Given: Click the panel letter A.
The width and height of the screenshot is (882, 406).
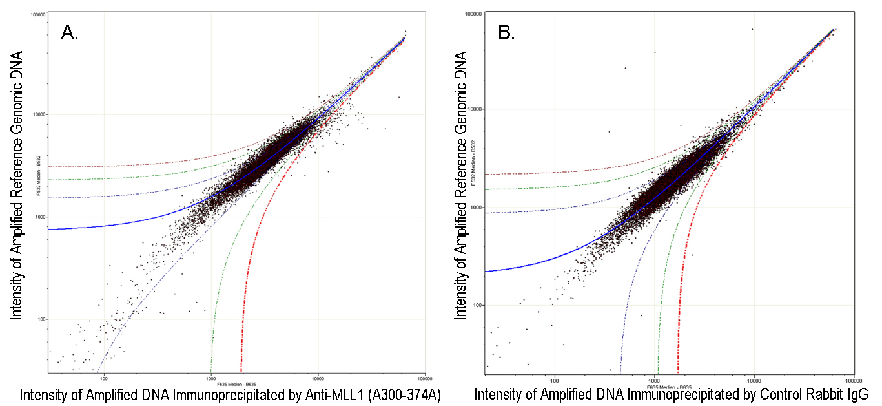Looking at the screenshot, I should tap(68, 33).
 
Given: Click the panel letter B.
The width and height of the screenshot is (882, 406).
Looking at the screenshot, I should tap(506, 33).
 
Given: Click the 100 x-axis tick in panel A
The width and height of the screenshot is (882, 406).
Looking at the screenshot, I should tap(103, 378).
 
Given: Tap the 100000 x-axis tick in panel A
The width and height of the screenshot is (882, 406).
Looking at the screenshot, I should tap(424, 378).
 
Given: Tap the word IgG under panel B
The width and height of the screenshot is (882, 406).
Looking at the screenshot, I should tap(856, 394).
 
